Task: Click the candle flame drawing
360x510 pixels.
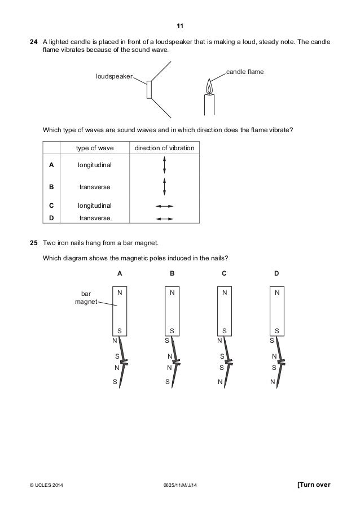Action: (x=209, y=88)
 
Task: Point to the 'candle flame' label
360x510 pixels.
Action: (x=245, y=72)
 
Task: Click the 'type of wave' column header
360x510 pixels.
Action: (x=95, y=149)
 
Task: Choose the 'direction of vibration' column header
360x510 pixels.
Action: (x=164, y=149)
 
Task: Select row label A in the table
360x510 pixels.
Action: (x=52, y=165)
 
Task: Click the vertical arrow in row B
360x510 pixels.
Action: (x=164, y=187)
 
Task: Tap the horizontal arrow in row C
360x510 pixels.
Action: (x=164, y=206)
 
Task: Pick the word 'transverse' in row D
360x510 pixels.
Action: (x=95, y=218)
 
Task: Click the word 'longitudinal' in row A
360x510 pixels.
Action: (x=95, y=165)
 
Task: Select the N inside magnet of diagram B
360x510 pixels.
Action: (x=172, y=294)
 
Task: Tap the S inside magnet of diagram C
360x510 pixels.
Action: (x=224, y=330)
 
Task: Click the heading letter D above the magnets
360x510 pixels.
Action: (x=276, y=273)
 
